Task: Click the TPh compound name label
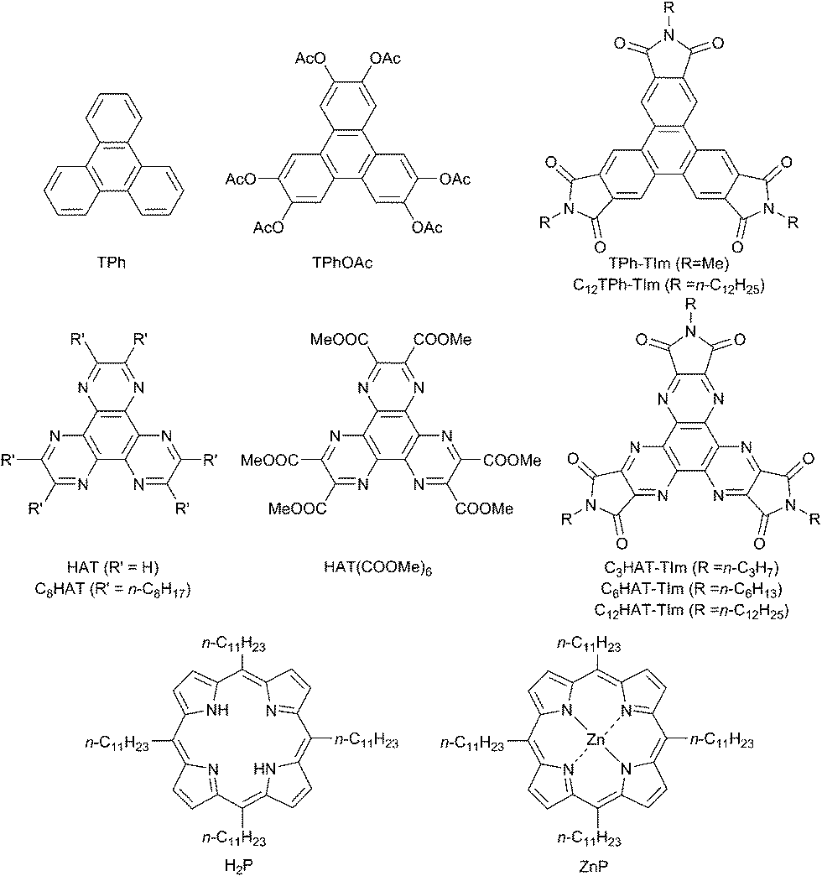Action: (x=111, y=263)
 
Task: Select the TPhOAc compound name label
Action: (x=342, y=263)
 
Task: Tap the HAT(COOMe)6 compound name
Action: (x=378, y=568)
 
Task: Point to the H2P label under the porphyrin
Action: (x=238, y=865)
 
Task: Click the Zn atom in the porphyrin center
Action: (x=596, y=740)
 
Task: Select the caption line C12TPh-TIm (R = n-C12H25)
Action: (x=669, y=285)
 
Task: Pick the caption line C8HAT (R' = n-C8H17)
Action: (x=112, y=589)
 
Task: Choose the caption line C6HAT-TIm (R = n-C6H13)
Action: (x=691, y=589)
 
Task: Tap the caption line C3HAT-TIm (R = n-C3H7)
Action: (x=691, y=567)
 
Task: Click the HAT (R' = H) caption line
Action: (x=112, y=567)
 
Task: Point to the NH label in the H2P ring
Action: (x=217, y=711)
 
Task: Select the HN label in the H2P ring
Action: (x=265, y=769)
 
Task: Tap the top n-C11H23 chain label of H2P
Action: (x=233, y=645)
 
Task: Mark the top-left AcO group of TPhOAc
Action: (x=311, y=59)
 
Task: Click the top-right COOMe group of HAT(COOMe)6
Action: (x=443, y=339)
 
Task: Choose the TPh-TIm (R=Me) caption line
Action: (x=669, y=263)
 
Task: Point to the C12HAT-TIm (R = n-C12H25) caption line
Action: (x=691, y=610)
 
